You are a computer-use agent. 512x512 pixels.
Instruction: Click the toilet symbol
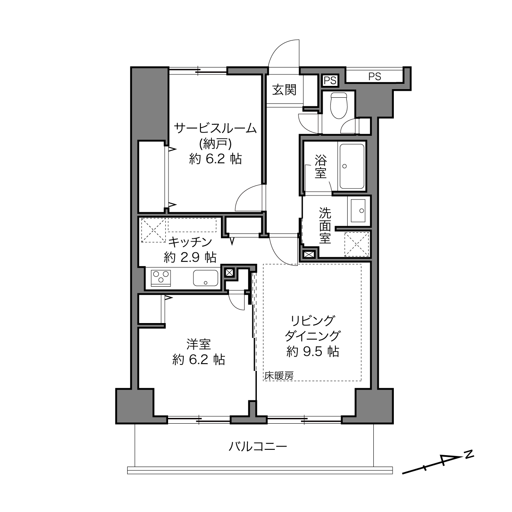[x=339, y=106]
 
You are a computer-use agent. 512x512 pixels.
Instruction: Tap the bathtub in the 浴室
[x=352, y=166]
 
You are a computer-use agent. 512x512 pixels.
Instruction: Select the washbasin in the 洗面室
[x=358, y=211]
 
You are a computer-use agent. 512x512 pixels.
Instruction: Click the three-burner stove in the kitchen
[x=161, y=278]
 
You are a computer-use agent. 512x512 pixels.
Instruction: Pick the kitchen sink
[x=205, y=278]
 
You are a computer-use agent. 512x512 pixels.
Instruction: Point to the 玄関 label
[x=284, y=90]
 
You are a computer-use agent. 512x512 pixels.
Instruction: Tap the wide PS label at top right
[x=375, y=76]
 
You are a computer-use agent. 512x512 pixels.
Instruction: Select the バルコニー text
[x=258, y=447]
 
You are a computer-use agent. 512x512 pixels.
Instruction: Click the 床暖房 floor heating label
[x=279, y=376]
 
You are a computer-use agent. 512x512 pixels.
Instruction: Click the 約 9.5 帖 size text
[x=313, y=352]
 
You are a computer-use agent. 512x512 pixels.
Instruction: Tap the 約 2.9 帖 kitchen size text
[x=190, y=257]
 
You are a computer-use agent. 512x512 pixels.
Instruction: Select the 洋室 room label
[x=198, y=344]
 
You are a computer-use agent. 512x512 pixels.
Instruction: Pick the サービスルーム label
[x=215, y=128]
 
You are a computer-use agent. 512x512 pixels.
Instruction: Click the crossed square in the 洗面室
[x=357, y=244]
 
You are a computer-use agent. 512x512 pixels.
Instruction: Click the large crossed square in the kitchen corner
[x=153, y=230]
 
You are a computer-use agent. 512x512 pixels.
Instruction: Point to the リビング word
[x=312, y=321]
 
